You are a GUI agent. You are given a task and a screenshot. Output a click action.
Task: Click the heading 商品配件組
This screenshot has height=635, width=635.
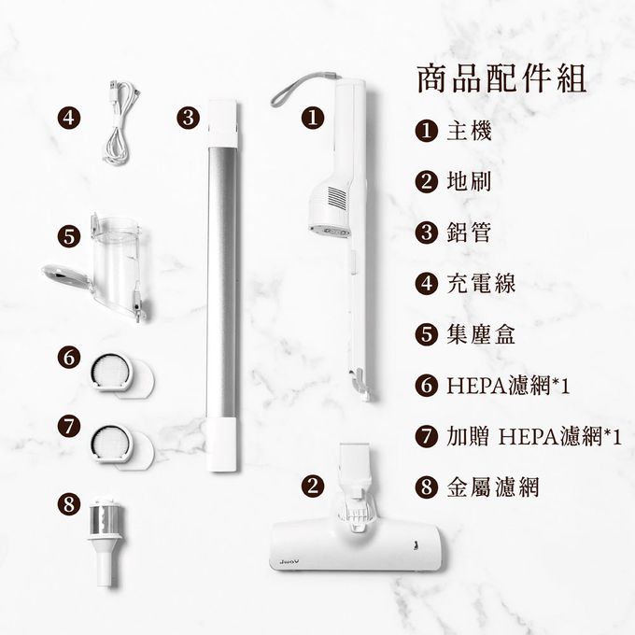(501, 79)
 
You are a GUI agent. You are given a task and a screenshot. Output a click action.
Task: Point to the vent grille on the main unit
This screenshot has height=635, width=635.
(336, 198)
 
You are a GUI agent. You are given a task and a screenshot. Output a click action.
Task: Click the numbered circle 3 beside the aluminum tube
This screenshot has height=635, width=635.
(189, 118)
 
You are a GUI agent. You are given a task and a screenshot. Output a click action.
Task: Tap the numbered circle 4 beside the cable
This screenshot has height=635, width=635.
(69, 118)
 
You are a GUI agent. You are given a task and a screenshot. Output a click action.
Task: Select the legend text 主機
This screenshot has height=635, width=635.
(469, 132)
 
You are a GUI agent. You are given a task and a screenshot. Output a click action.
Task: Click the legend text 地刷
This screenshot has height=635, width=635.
(469, 182)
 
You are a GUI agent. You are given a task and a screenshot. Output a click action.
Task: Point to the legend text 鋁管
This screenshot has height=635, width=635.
(469, 233)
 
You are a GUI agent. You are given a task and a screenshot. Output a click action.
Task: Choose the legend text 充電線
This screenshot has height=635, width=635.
(481, 284)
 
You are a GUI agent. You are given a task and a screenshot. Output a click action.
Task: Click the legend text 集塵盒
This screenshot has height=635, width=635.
(481, 334)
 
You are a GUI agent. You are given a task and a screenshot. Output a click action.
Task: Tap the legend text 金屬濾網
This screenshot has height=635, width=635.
(493, 487)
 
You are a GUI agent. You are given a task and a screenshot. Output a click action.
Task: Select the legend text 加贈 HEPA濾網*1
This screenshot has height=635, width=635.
(534, 437)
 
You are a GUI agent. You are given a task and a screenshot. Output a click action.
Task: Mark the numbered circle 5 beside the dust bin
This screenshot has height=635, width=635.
(69, 235)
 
